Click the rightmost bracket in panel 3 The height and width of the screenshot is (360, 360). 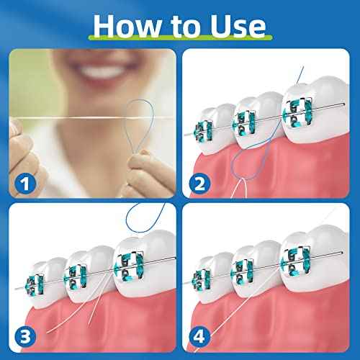(127, 262)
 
